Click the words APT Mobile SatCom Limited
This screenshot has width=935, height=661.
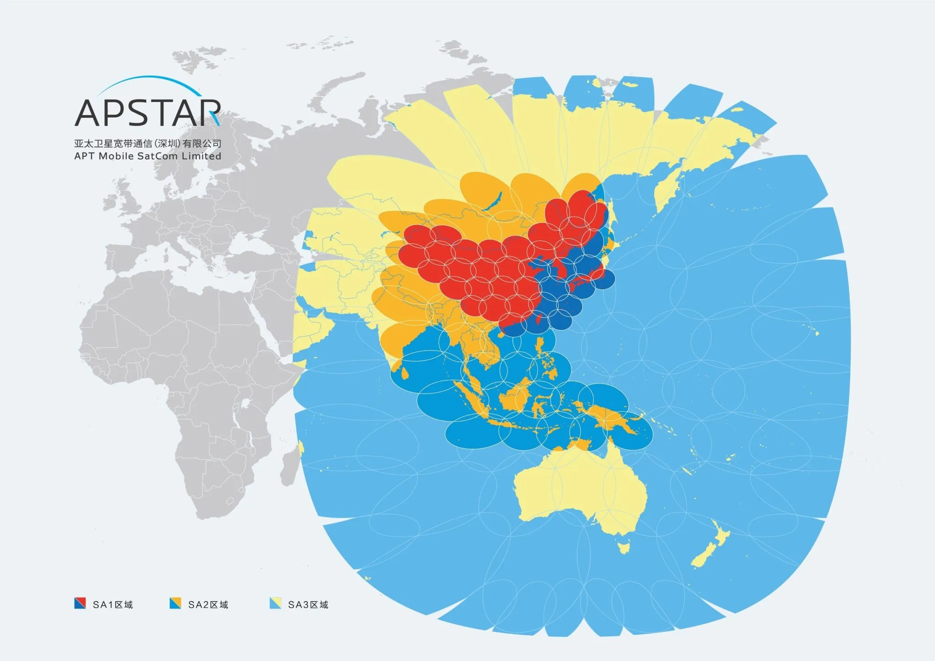click(x=147, y=156)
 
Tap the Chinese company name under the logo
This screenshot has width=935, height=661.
click(x=147, y=143)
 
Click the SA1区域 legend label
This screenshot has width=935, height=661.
click(x=113, y=604)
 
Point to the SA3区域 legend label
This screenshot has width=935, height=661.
click(x=308, y=604)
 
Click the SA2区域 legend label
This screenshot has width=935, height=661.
click(x=208, y=604)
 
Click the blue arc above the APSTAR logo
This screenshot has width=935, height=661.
click(x=146, y=82)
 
